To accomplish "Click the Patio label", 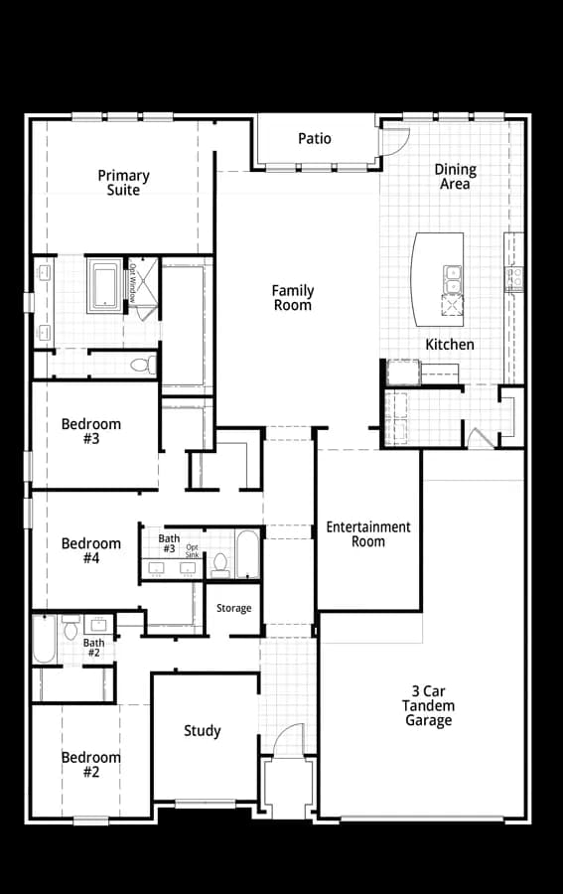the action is [x=315, y=138].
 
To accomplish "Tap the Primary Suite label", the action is [x=124, y=183].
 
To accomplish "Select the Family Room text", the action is [x=293, y=298].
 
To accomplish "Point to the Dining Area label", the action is [x=456, y=176].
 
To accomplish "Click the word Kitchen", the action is [x=450, y=345].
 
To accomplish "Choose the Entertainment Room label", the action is [x=368, y=534].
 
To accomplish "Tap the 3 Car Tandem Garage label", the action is [x=429, y=706].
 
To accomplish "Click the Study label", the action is [x=203, y=731].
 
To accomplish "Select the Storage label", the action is [x=233, y=608].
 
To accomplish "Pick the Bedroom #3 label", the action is [x=91, y=431].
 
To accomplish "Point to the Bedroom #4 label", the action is [x=91, y=550].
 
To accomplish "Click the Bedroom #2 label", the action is [x=91, y=765].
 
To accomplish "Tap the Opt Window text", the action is [x=132, y=283].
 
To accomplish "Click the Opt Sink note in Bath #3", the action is [x=192, y=551].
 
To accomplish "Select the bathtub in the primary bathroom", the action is [x=104, y=286].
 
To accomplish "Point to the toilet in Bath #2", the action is [x=70, y=628].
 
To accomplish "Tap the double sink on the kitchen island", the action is [x=453, y=279].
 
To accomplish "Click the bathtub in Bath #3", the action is [x=247, y=554].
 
